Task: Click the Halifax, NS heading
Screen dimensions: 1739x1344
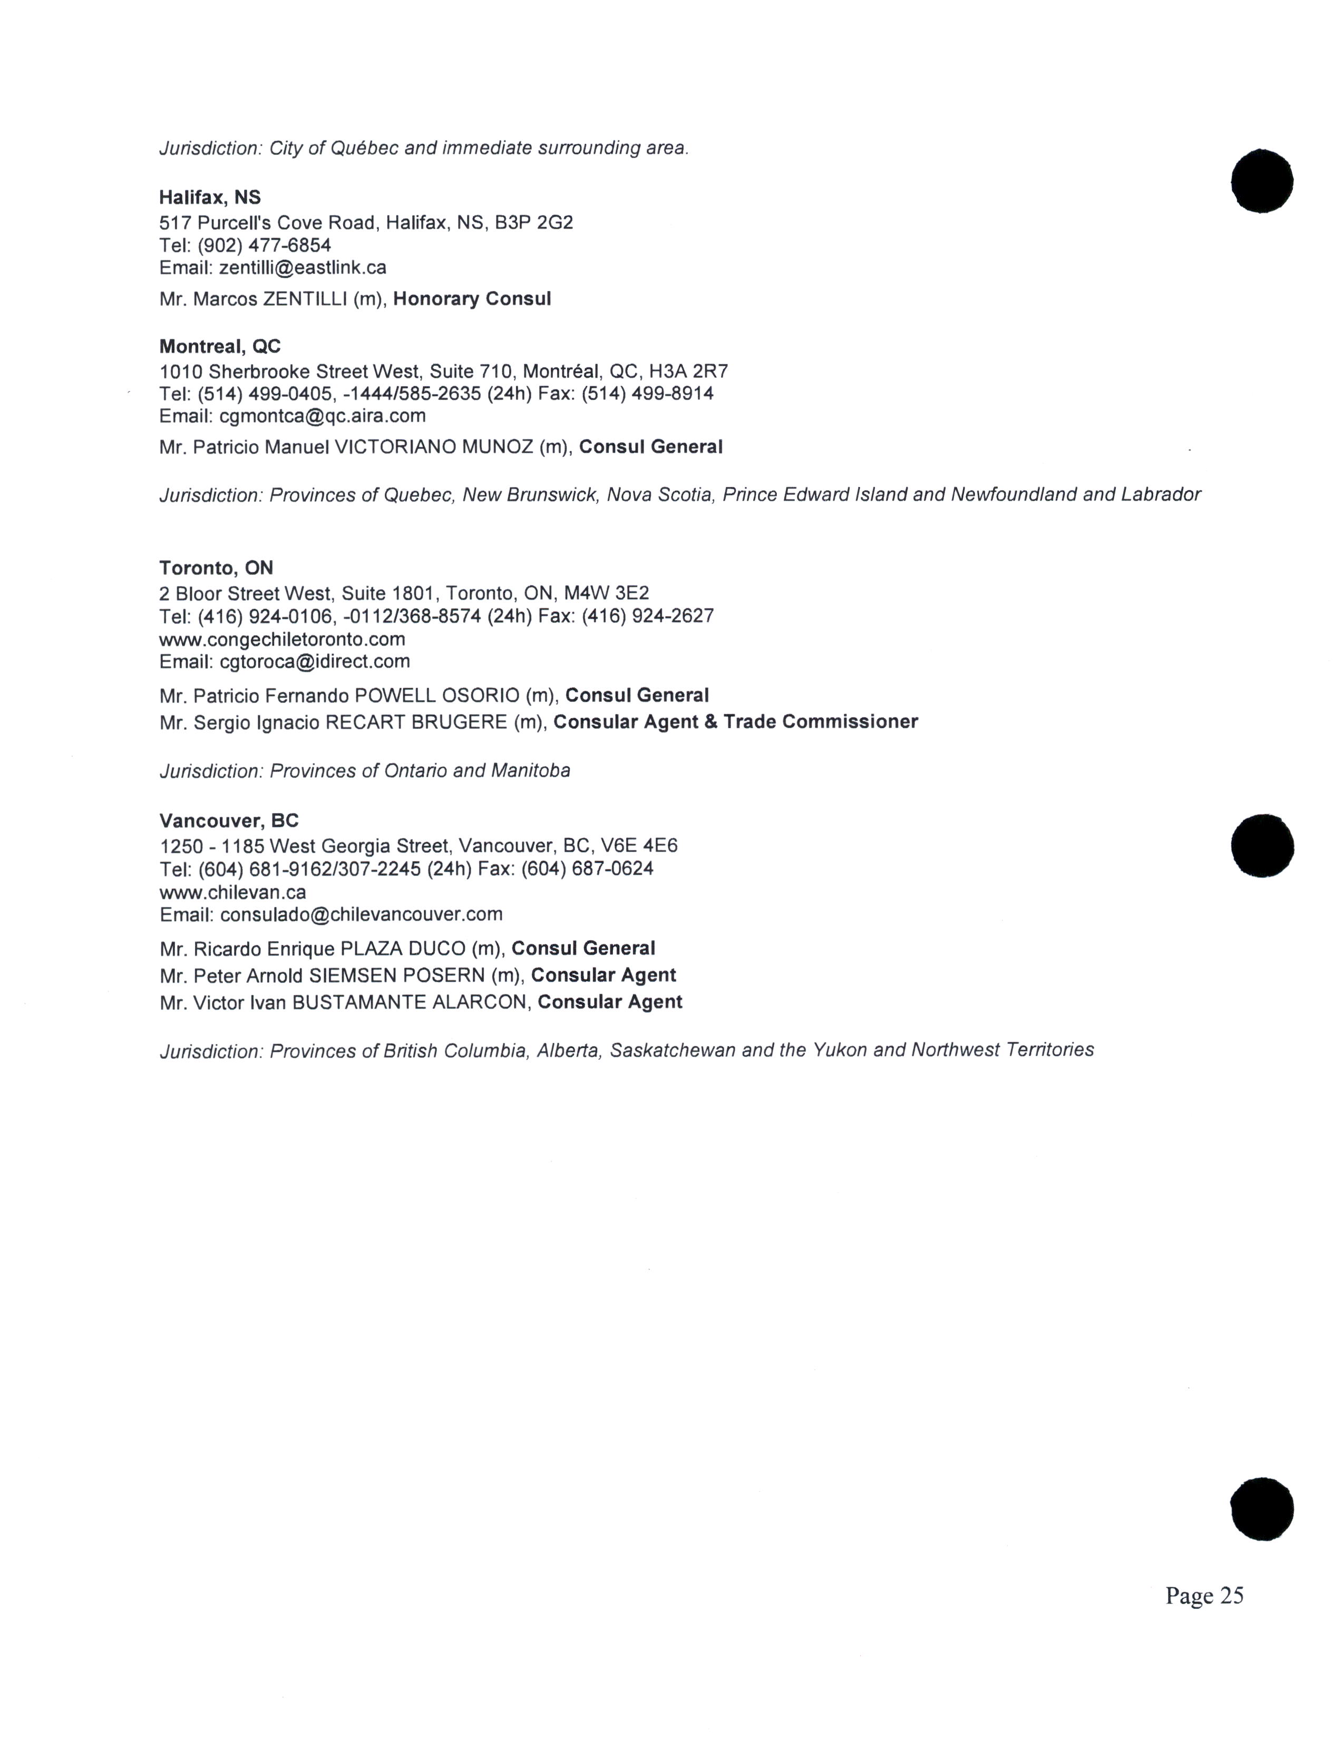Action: (x=209, y=198)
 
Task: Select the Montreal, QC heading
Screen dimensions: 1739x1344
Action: (x=220, y=346)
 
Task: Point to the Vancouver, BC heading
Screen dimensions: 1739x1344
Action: (x=229, y=821)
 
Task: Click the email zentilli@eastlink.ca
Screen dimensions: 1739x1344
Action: (x=303, y=268)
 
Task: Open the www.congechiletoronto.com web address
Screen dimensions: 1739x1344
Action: (x=282, y=639)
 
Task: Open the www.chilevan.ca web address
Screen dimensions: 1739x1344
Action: (x=232, y=892)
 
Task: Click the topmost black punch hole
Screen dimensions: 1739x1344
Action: (x=1261, y=181)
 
